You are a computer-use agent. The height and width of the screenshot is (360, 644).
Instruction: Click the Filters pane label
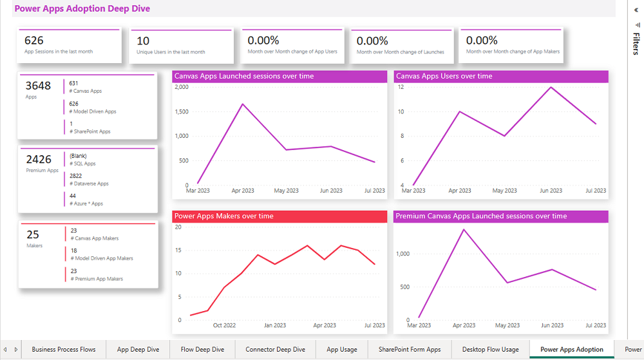coord(636,43)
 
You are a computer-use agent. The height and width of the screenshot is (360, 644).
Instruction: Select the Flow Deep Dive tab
coord(202,350)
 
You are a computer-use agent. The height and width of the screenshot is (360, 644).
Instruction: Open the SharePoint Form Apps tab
coord(410,350)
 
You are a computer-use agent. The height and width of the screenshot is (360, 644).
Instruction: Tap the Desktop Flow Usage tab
coord(490,350)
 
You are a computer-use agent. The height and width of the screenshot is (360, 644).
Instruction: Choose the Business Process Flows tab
coord(64,350)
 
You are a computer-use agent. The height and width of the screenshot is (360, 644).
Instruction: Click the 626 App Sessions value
coord(34,41)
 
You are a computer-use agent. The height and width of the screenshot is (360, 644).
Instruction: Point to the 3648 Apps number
coord(38,86)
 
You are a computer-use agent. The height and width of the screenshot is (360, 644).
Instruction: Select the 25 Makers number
coord(33,234)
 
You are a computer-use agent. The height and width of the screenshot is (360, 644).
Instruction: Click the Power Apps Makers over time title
coord(223,216)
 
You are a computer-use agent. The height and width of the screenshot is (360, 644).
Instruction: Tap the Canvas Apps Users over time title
coord(444,76)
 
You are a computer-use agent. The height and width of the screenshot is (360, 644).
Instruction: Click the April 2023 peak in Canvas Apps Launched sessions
coord(242,104)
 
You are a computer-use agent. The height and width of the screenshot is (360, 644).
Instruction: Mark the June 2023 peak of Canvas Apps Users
coord(551,87)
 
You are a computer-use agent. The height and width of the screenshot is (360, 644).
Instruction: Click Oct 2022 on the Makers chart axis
coord(225,325)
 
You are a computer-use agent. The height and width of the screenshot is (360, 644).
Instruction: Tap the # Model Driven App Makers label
coord(102,258)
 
